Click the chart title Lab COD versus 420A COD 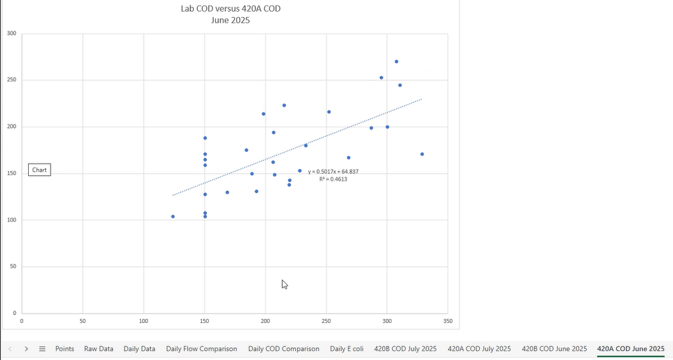230,9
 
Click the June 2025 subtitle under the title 230,21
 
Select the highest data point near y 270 396,62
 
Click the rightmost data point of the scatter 422,154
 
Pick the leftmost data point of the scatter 173,216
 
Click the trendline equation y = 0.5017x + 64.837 333,172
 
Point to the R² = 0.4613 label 333,179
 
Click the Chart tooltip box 40,170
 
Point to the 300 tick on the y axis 12,33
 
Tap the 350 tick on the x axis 448,320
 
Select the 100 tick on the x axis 144,320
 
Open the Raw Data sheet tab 99,349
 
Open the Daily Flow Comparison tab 201,349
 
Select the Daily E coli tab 346,349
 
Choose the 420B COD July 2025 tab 405,349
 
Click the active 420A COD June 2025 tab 631,349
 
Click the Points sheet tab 64,349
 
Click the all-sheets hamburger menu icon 42,349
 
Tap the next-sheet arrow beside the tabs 26,349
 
